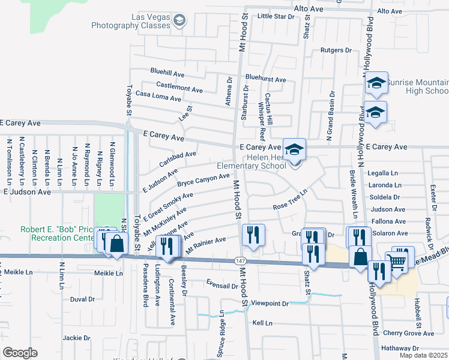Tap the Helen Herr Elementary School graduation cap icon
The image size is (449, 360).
tap(294, 149)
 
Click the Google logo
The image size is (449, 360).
tap(20, 353)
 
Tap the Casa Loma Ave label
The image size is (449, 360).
tap(158, 96)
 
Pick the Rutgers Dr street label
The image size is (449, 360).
tap(335, 50)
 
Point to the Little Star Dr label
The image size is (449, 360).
tap(276, 16)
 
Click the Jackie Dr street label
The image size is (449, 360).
tap(76, 338)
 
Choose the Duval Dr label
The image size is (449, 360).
tap(82, 299)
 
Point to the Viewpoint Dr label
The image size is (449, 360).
tap(269, 304)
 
